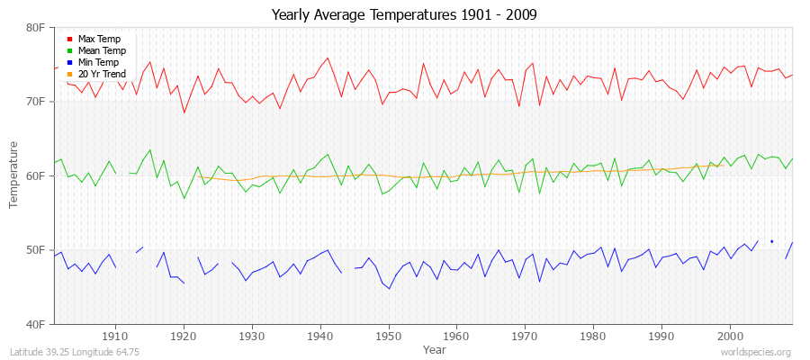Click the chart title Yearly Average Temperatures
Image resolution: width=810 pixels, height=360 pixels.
pyautogui.click(x=404, y=15)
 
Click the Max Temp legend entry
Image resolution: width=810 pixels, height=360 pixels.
pyautogui.click(x=99, y=40)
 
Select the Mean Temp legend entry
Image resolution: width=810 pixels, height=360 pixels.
pyautogui.click(x=101, y=51)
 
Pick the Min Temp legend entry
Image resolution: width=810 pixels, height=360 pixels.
pyautogui.click(x=99, y=63)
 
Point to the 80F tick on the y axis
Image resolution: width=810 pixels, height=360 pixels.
pyautogui.click(x=37, y=28)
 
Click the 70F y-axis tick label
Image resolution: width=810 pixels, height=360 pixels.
pyautogui.click(x=37, y=102)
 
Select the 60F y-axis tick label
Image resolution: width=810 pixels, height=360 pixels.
pyautogui.click(x=37, y=175)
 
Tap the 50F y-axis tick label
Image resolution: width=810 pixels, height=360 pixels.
pyautogui.click(x=37, y=249)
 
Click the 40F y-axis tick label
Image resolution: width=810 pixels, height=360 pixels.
pyautogui.click(x=37, y=323)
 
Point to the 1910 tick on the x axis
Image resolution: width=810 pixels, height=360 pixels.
pyautogui.click(x=115, y=335)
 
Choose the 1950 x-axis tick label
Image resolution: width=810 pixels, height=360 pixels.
pyautogui.click(x=388, y=335)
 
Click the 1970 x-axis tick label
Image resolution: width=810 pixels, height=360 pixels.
pyautogui.click(x=525, y=335)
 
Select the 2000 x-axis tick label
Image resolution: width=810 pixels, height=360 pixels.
pyautogui.click(x=730, y=335)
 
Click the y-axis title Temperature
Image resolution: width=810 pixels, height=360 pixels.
pyautogui.click(x=13, y=175)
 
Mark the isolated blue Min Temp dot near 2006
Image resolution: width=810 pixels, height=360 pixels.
pyautogui.click(x=771, y=241)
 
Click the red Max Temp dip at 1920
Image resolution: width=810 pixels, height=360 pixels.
pyautogui.click(x=184, y=112)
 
